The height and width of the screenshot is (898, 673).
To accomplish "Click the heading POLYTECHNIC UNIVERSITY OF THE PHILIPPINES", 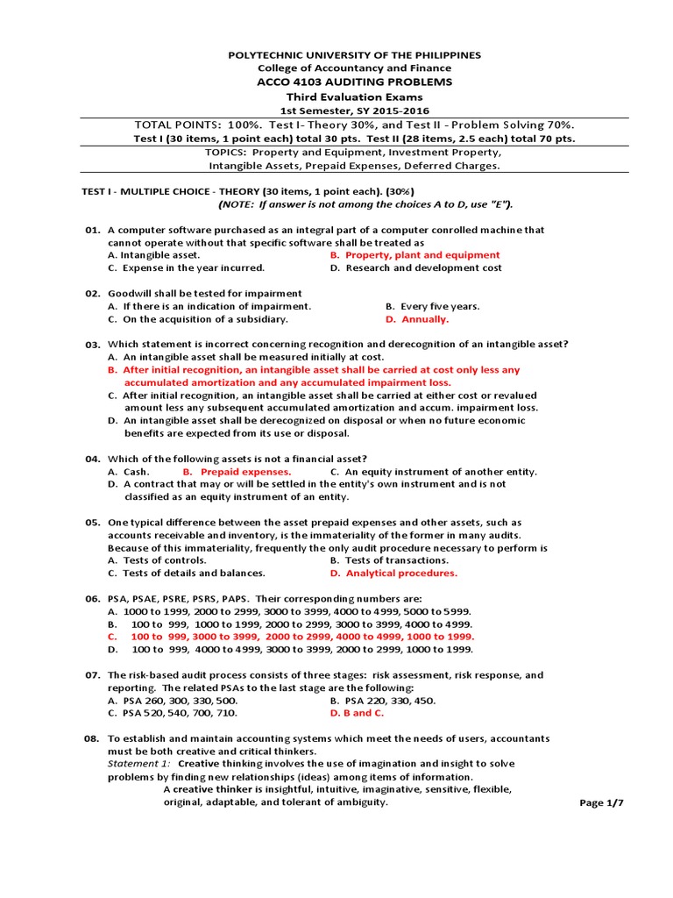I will [355, 55].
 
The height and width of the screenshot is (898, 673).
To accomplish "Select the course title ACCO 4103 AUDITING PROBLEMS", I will [355, 82].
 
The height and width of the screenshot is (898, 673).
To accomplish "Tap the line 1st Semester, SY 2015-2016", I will [355, 110].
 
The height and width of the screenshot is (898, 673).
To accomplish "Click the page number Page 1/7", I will [602, 802].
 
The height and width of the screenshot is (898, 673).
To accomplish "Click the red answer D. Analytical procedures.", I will [393, 573].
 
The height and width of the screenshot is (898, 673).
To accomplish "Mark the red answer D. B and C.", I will [357, 713].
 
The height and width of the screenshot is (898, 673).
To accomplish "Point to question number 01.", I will [93, 230].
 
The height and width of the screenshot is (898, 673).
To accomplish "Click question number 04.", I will [93, 459].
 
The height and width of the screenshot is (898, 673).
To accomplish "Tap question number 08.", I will [93, 739].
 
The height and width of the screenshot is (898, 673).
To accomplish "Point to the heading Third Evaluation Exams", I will [355, 96].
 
